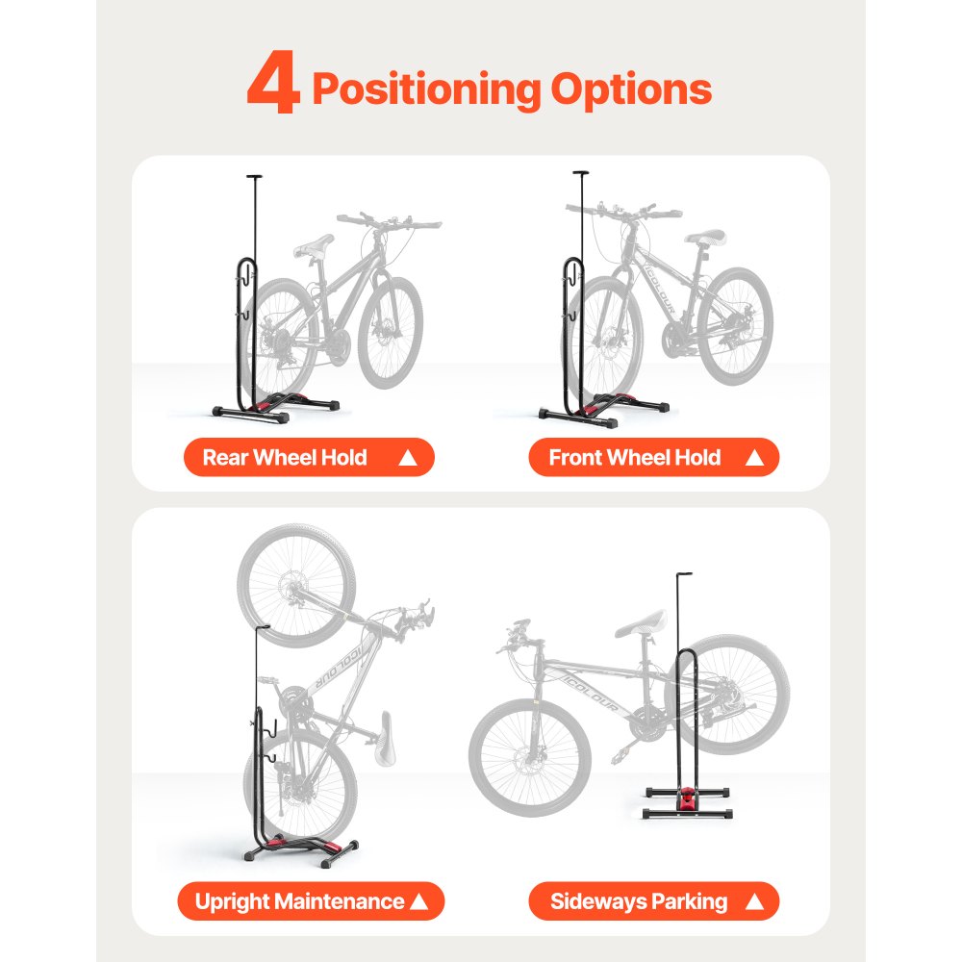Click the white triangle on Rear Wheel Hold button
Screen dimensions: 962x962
click(x=408, y=459)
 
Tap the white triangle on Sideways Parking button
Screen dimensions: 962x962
click(x=754, y=902)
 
